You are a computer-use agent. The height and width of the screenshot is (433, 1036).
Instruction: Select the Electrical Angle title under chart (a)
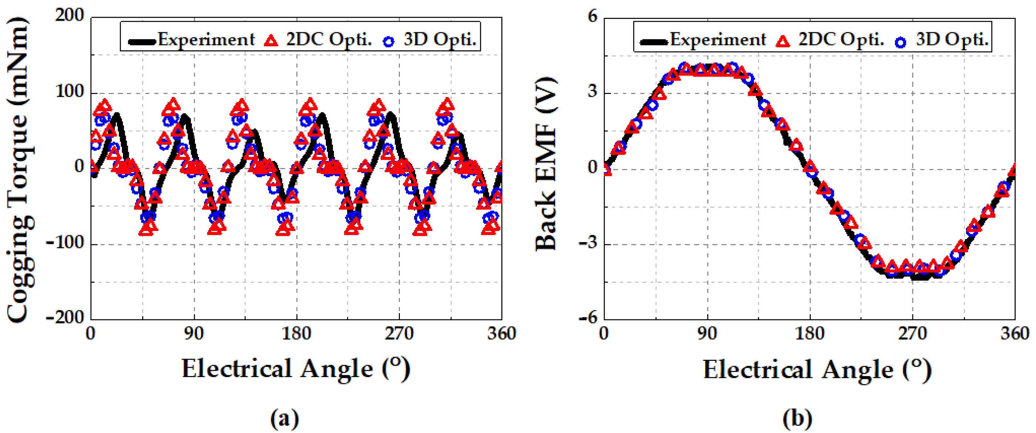click(295, 369)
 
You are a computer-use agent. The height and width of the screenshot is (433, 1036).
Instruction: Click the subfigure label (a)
click(284, 419)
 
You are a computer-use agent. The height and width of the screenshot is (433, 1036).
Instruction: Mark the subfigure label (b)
click(797, 419)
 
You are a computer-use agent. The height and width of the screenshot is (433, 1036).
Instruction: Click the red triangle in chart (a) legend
click(271, 41)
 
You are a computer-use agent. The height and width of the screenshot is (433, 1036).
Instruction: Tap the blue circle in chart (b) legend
click(900, 42)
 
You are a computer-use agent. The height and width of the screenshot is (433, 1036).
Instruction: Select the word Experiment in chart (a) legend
click(206, 39)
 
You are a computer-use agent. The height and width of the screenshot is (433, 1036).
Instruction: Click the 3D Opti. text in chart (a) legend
click(440, 39)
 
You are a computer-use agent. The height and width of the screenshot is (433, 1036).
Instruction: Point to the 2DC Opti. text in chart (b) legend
click(841, 39)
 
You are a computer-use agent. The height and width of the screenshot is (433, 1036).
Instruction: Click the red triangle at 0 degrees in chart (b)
click(606, 169)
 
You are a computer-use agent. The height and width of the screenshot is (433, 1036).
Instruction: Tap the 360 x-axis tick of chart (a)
click(501, 334)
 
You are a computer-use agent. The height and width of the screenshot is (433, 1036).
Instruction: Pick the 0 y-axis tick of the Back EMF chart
click(593, 167)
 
